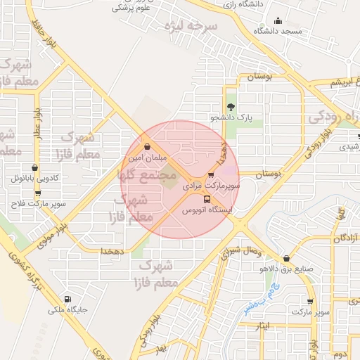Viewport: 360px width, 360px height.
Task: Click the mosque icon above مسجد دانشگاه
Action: (x=278, y=20)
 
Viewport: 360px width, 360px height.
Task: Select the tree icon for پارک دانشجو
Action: (x=231, y=106)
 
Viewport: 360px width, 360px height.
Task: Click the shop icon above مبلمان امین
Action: (x=147, y=148)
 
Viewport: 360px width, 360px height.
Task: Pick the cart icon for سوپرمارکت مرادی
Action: (x=211, y=175)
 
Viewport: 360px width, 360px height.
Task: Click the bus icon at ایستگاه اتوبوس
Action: (x=206, y=199)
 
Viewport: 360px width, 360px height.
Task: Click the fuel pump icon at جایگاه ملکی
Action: (x=67, y=298)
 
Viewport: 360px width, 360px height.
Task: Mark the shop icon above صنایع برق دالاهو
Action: (x=285, y=258)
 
